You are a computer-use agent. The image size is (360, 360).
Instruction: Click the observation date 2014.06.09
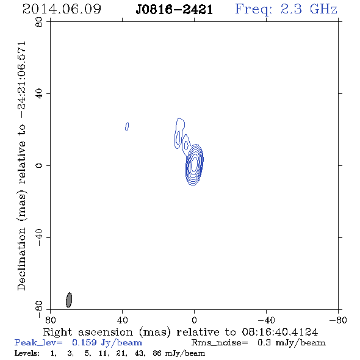click(x=62, y=9)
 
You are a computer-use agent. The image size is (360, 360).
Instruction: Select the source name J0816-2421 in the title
click(x=175, y=10)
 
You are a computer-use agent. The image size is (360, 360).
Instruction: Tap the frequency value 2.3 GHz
click(x=309, y=9)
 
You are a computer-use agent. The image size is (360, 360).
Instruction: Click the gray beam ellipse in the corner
click(x=69, y=300)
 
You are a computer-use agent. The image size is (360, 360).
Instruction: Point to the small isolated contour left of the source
click(x=127, y=126)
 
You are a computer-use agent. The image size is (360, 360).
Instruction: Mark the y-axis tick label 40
click(x=39, y=93)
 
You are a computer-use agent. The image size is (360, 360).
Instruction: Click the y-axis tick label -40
click(x=39, y=237)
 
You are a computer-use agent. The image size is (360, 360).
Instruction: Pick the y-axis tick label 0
click(x=39, y=165)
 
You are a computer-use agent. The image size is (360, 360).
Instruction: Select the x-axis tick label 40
click(x=122, y=320)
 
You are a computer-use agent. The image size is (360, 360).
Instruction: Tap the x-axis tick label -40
click(x=266, y=320)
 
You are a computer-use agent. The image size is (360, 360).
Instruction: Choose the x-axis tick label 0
click(x=194, y=320)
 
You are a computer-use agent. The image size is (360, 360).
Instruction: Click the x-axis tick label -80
click(x=338, y=320)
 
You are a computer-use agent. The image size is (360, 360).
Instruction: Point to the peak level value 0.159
click(x=84, y=342)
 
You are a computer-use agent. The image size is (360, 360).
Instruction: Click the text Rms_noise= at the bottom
click(x=220, y=343)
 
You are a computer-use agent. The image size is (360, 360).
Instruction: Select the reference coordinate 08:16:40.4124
click(x=280, y=332)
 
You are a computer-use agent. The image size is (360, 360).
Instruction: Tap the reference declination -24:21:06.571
click(x=22, y=80)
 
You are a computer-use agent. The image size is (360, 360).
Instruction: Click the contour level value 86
click(x=157, y=353)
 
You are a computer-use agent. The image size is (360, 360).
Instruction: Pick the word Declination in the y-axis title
click(x=21, y=259)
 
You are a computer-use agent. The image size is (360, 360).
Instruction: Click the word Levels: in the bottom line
click(x=27, y=353)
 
